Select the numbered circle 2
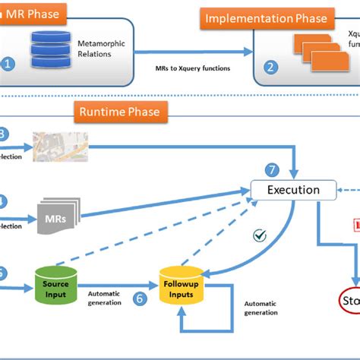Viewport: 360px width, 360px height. (270, 66)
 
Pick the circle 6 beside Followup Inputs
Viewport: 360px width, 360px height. (140, 298)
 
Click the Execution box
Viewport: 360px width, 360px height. (293, 190)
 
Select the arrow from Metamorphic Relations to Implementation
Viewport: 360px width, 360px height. (194, 52)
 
